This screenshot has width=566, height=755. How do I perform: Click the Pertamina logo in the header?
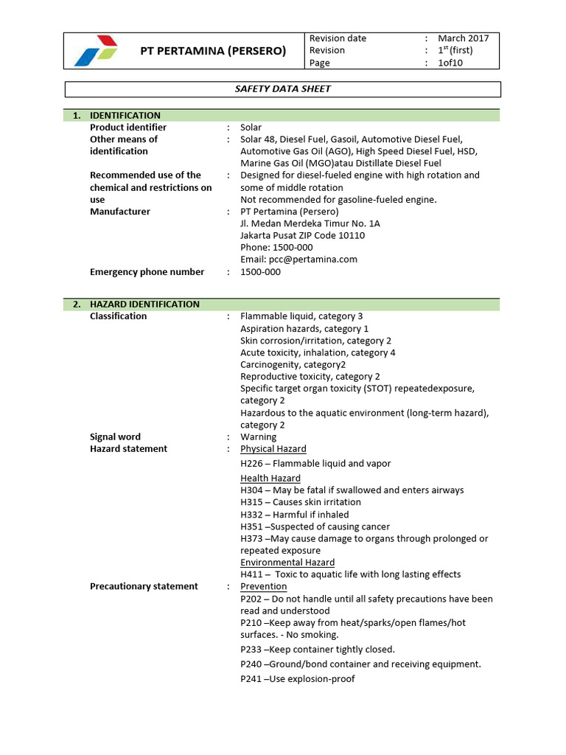pos(96,50)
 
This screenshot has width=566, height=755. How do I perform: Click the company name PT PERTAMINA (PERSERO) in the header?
pos(213,51)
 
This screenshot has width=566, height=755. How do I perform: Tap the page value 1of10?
pos(451,63)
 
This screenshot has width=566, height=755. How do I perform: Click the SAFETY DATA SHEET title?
pos(283,89)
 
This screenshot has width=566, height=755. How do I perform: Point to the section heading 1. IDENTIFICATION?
pos(117,115)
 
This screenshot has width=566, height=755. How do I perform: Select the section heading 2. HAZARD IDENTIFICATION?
pos(136,304)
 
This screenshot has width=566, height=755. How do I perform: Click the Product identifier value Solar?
pos(251,128)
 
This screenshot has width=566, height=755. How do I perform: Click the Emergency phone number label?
pos(147,272)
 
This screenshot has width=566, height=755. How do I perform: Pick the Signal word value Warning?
pos(258,436)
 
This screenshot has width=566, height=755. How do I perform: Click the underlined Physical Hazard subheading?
pos(273,449)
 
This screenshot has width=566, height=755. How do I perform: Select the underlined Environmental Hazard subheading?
pos(287,563)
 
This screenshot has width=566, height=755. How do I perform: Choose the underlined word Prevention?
pos(263,587)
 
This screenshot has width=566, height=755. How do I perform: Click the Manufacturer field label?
pos(119,212)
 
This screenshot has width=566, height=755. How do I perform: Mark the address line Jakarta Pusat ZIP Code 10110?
pos(302,236)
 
